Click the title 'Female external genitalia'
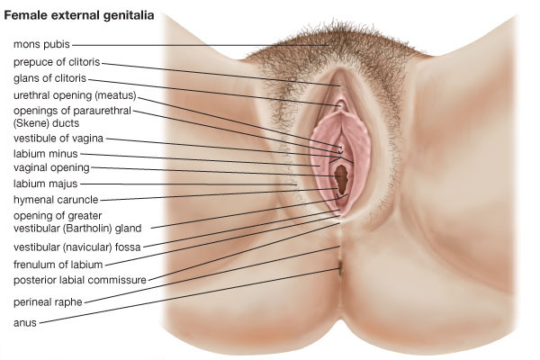point(79,15)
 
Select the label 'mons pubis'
point(41,44)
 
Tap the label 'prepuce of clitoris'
point(57,62)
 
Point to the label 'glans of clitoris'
point(49,78)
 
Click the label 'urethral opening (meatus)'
point(75,95)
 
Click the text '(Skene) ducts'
point(46,123)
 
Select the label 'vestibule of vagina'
point(58,139)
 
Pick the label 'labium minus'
point(46,154)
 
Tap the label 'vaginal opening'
point(51,168)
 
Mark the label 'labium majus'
point(46,184)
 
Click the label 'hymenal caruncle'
point(56,200)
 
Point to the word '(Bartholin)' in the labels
point(89,228)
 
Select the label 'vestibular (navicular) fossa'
point(77,247)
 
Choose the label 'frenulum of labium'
point(58,265)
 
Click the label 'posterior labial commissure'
point(80,280)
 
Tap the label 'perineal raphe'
point(48,302)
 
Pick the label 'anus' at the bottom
point(25,323)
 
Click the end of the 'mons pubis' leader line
point(328,45)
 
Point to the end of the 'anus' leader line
point(339,269)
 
